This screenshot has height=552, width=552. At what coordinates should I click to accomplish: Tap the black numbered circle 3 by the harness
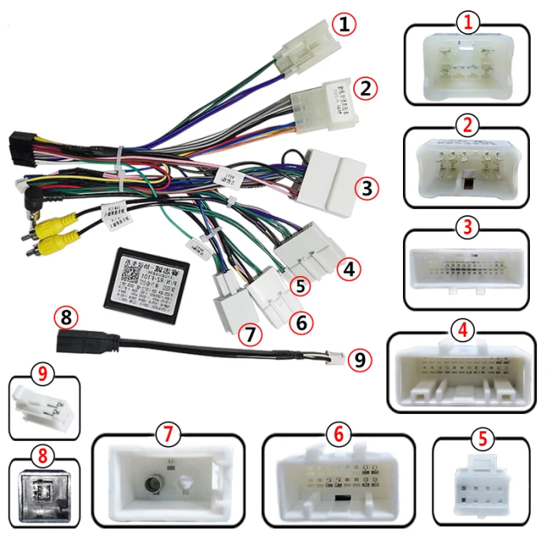365,188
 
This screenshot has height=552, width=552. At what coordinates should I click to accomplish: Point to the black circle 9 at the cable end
360,360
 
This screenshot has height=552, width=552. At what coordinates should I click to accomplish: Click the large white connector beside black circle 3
334,177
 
